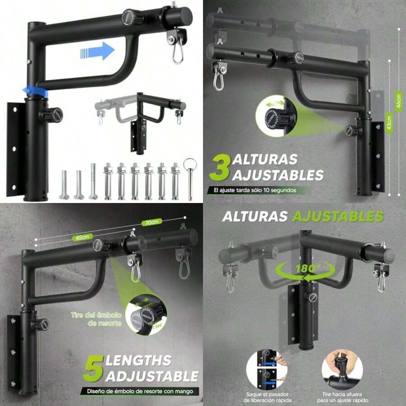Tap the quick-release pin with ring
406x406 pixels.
pos(189,178)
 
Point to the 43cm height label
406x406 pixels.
pos(389,122)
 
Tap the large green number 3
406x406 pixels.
pos(220,168)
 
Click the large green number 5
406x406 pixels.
pos(92,368)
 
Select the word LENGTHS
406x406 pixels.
pos(138,361)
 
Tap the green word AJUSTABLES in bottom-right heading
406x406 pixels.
pos(338,217)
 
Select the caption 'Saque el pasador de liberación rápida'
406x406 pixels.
pos(266,397)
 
